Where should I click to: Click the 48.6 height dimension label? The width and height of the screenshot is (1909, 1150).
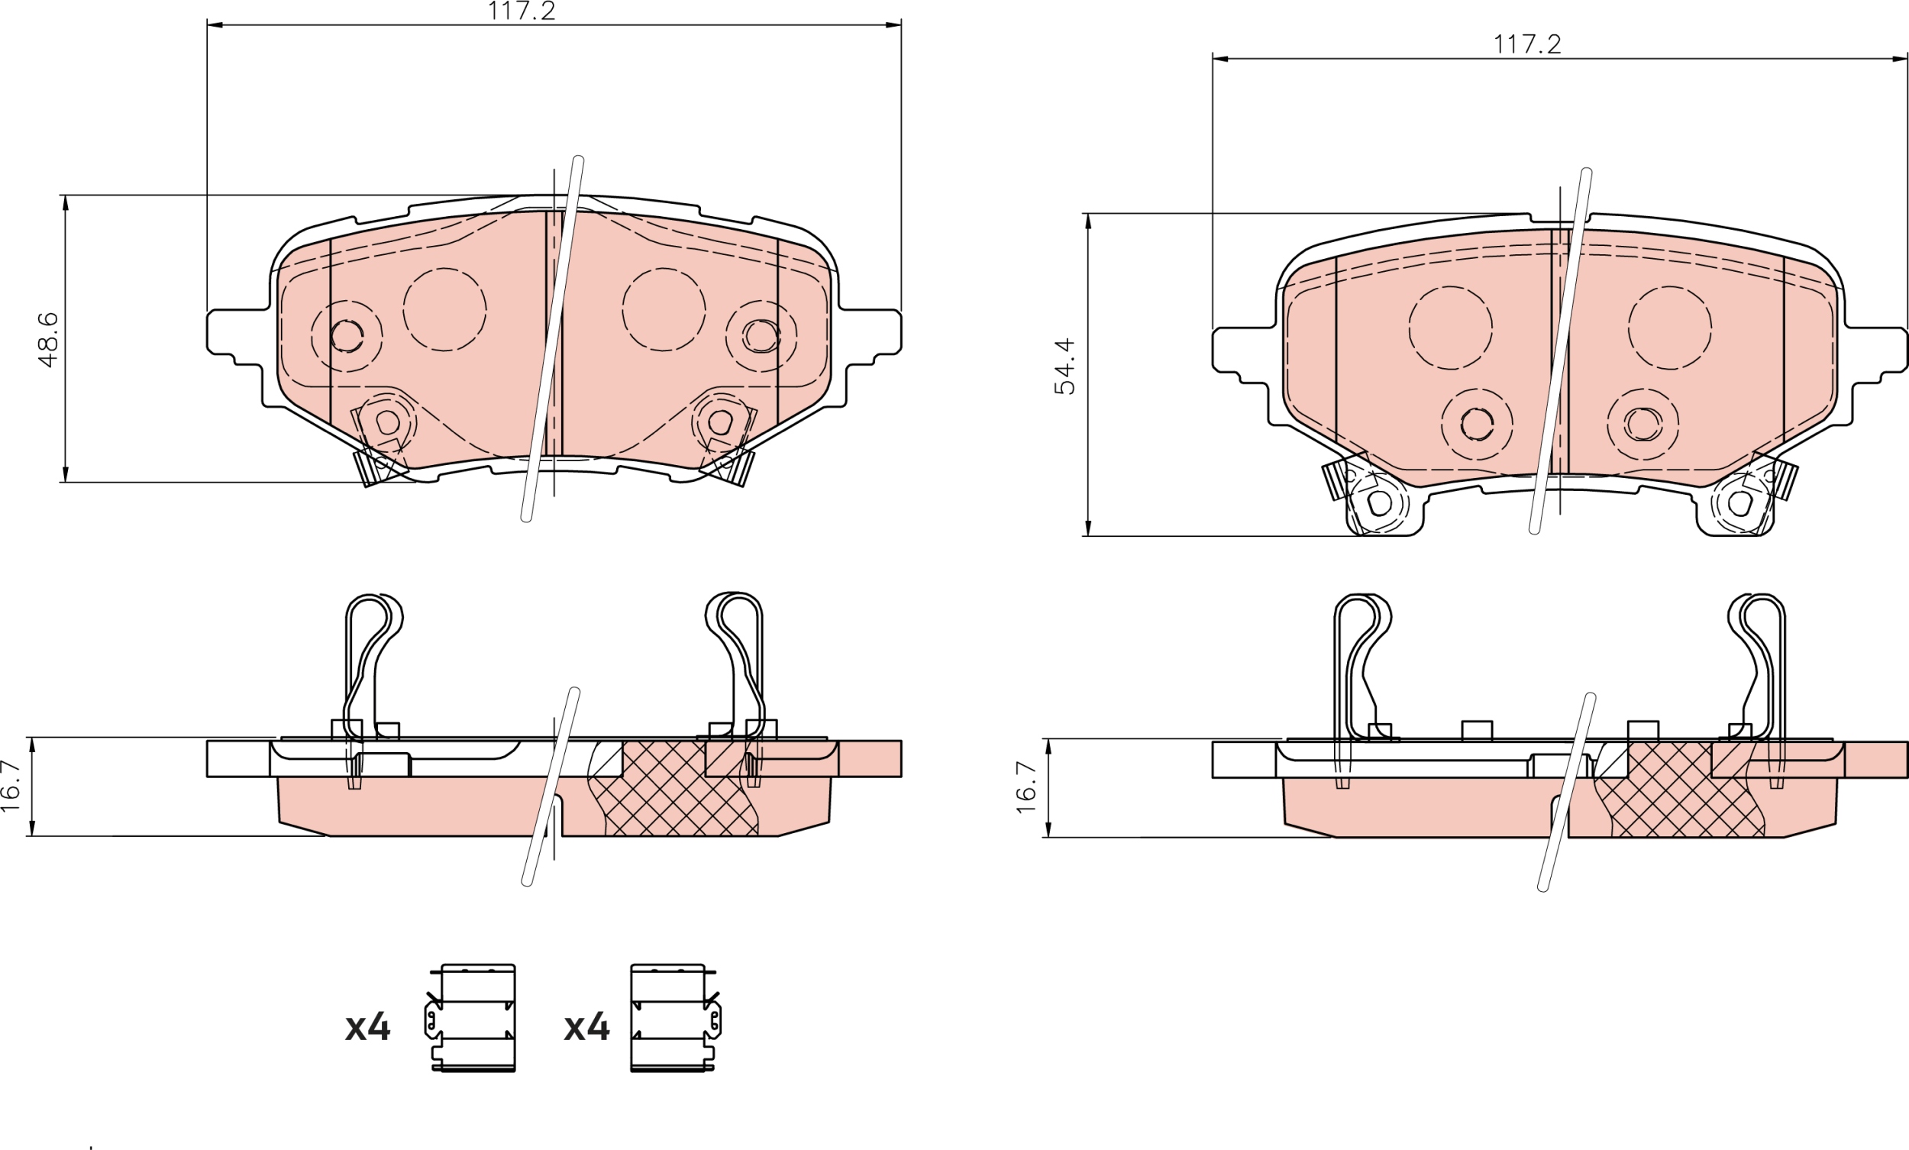tap(48, 339)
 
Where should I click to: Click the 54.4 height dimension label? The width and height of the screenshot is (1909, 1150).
tap(1065, 366)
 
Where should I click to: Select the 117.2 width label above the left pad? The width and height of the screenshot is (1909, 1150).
tap(522, 11)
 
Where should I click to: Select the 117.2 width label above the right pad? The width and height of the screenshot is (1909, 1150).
tap(1527, 44)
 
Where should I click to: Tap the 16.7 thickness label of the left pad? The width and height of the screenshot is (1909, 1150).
tap(10, 786)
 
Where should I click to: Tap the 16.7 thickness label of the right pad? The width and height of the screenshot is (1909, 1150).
tap(1026, 787)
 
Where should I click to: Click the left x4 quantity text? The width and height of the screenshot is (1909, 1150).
tap(368, 1028)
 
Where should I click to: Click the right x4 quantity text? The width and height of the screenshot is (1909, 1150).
tap(586, 1028)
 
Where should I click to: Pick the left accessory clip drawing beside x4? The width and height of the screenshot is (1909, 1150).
tap(470, 1018)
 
